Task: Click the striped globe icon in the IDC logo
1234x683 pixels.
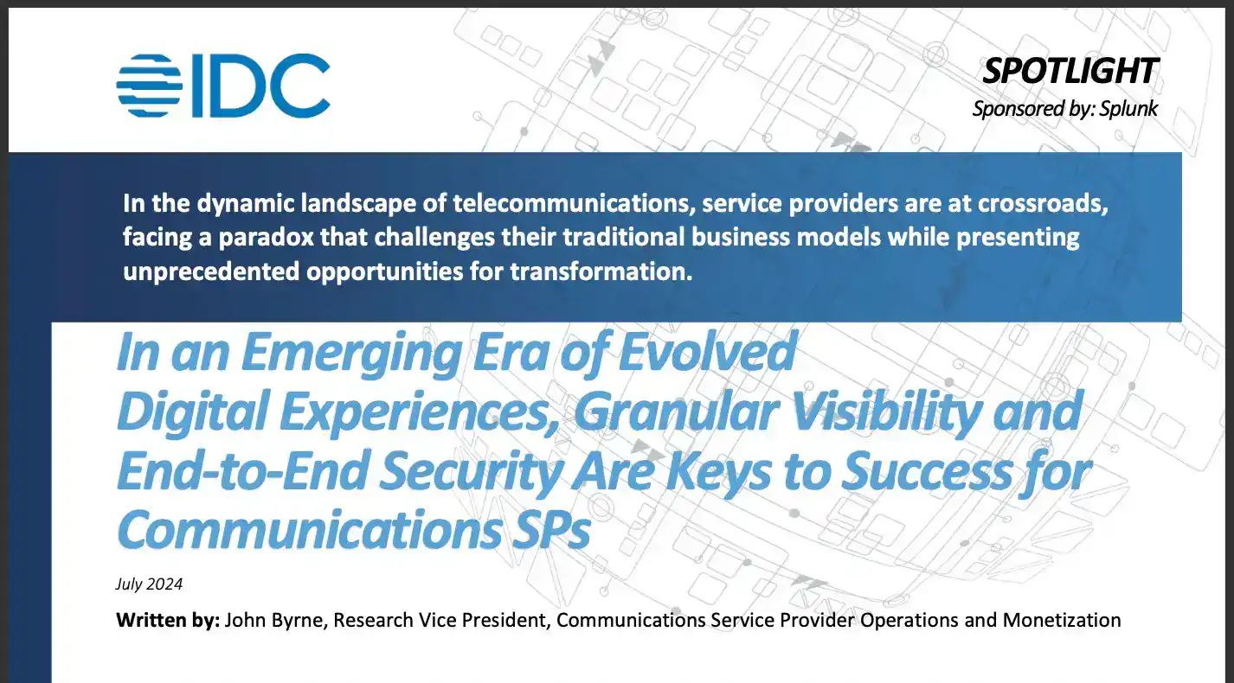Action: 150,86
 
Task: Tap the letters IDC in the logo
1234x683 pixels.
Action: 260,86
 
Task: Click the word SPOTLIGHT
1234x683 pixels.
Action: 1070,71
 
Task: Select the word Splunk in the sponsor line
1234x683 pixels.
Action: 1128,108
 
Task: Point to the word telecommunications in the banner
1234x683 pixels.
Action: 571,203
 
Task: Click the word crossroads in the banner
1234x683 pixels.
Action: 1042,204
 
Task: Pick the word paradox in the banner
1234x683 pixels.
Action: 266,238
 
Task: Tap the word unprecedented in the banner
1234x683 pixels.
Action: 211,271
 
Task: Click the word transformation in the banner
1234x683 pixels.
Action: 601,271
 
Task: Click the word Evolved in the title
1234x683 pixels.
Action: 707,351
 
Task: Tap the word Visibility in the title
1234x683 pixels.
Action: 886,412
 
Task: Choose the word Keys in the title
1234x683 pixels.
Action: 718,472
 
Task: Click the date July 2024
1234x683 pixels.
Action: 150,584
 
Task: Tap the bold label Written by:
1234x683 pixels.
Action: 168,620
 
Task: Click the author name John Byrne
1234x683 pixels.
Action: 276,620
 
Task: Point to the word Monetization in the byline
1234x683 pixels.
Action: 1062,620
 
